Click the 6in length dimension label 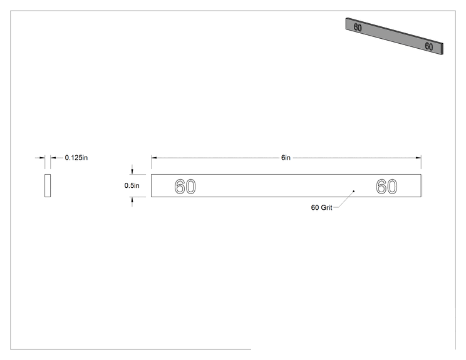(286, 158)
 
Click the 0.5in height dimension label (132, 186)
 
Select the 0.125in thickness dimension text (76, 158)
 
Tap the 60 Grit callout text (321, 208)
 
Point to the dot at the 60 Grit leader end (354, 192)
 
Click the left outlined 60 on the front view (185, 187)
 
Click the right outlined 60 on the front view (386, 187)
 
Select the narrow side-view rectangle (48, 186)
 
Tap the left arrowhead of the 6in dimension (153, 158)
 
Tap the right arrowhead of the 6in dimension (418, 158)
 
